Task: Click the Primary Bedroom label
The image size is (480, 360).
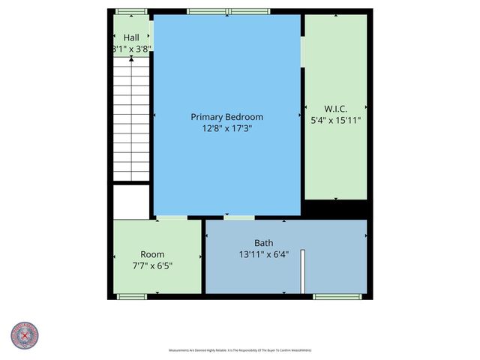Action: click(x=226, y=117)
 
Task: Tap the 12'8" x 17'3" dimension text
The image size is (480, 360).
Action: click(x=226, y=128)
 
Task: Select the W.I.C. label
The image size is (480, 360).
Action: click(x=335, y=108)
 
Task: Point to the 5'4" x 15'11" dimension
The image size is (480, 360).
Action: click(x=335, y=119)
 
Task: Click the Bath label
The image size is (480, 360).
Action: click(x=263, y=243)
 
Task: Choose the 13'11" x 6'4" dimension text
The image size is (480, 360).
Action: click(x=263, y=254)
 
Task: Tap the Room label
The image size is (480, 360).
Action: click(x=152, y=254)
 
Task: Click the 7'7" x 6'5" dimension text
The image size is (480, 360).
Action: click(x=152, y=265)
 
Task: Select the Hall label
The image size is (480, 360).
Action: click(x=131, y=37)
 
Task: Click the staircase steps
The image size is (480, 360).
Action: click(x=131, y=120)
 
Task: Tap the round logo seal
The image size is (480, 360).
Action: click(x=25, y=334)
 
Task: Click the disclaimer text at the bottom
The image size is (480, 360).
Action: click(x=240, y=350)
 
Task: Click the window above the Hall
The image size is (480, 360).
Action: click(x=131, y=11)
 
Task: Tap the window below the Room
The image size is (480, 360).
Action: click(x=132, y=297)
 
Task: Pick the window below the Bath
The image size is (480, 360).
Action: click(x=337, y=297)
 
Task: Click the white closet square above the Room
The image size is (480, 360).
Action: click(x=131, y=201)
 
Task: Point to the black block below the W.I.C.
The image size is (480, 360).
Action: click(x=335, y=208)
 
